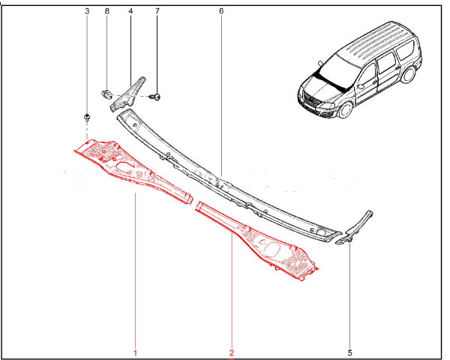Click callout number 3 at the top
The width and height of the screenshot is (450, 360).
click(x=87, y=11)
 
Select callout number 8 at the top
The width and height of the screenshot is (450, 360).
click(x=107, y=11)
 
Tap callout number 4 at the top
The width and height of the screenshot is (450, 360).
click(x=130, y=11)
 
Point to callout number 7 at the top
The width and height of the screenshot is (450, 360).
click(x=157, y=11)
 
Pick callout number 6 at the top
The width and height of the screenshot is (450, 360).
click(x=221, y=11)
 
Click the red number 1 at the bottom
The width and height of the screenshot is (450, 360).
click(x=135, y=352)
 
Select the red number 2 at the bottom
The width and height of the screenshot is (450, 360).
click(x=231, y=352)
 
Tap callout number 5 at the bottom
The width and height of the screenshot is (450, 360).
click(x=349, y=352)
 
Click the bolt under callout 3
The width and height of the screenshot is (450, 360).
click(x=87, y=118)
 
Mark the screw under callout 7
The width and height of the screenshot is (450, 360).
click(x=156, y=97)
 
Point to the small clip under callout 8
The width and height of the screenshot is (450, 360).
click(x=106, y=94)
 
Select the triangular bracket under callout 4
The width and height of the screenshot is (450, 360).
click(x=128, y=94)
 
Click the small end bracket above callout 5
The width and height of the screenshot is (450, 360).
click(x=355, y=229)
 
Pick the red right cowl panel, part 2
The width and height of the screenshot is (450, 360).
click(x=258, y=241)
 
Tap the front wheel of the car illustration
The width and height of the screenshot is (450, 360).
click(x=345, y=109)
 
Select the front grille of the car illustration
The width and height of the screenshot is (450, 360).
click(x=313, y=101)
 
